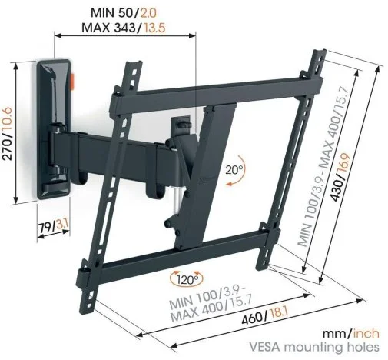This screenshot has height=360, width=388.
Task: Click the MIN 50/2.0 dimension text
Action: tap(124, 13)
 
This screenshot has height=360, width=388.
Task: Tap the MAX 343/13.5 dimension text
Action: tap(124, 28)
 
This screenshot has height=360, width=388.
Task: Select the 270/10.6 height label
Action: tap(7, 134)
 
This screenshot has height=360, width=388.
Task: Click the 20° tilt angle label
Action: tap(234, 170)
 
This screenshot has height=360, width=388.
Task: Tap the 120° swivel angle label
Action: tap(187, 279)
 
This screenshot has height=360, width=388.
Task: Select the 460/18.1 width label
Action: tap(265, 316)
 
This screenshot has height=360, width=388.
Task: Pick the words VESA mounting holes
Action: tap(314, 347)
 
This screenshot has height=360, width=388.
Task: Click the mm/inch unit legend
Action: tap(351, 334)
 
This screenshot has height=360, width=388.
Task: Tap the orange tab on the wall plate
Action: tap(72, 82)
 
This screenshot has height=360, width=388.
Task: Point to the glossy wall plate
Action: tap(53, 129)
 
